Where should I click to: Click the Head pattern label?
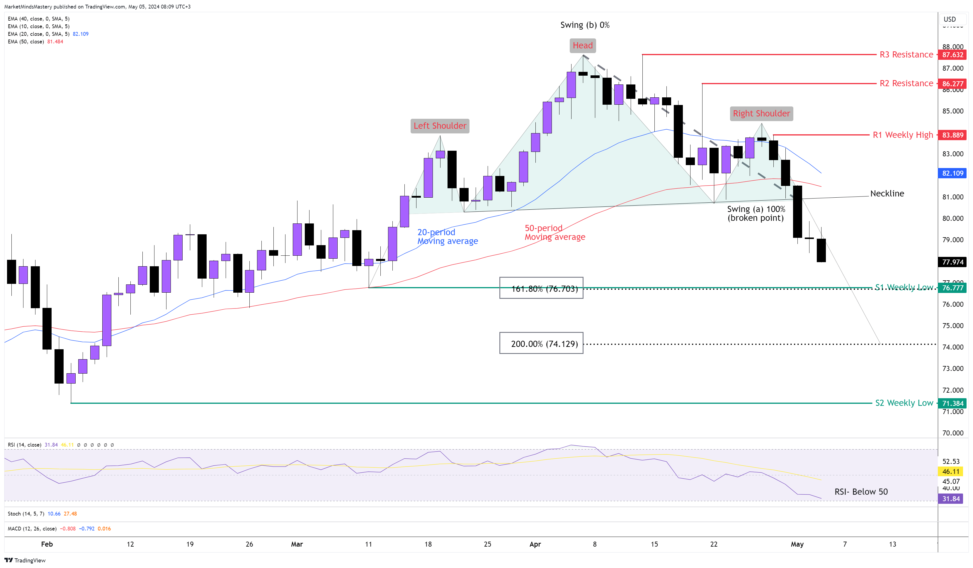click(583, 45)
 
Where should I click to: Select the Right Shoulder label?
click(761, 113)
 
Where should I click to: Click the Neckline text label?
click(887, 194)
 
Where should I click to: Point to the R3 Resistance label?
click(906, 55)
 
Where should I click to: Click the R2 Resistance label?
click(906, 84)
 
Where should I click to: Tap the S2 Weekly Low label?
click(904, 403)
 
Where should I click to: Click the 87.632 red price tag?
click(952, 55)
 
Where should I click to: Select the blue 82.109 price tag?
click(952, 173)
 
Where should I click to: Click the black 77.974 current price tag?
click(952, 262)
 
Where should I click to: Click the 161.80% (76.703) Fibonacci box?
click(541, 288)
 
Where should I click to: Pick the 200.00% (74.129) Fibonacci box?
click(541, 343)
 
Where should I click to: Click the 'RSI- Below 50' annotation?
click(861, 492)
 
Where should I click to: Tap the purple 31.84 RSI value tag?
click(951, 499)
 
